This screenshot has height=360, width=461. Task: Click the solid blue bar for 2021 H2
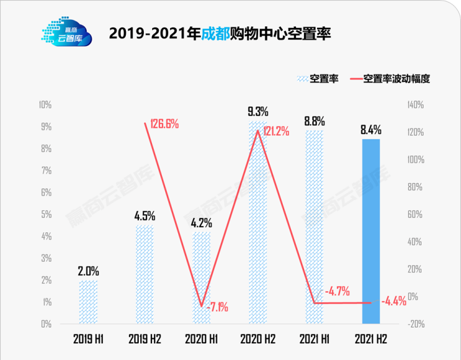371,232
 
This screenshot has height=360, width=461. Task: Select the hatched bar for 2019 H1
88,302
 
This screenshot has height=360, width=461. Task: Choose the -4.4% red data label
392,301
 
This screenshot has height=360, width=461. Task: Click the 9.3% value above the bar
257,112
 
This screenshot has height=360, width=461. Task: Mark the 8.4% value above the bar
371,130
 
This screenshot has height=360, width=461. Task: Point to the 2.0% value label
88,272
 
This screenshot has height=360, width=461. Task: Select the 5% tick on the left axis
45,214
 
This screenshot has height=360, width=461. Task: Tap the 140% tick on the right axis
416,105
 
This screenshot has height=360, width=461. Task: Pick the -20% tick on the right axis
416,324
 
